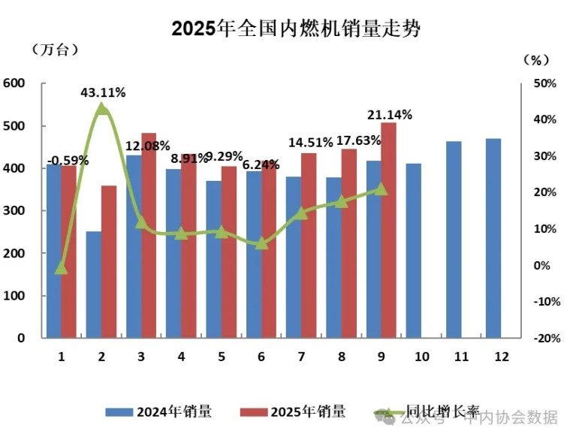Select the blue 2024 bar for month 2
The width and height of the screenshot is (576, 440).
(x=94, y=285)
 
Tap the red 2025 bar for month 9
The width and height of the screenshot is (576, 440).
(x=388, y=231)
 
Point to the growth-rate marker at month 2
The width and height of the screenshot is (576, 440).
(x=102, y=110)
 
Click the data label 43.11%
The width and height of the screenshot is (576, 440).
(x=103, y=92)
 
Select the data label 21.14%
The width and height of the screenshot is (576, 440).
(x=389, y=115)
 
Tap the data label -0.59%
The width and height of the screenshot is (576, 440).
(x=68, y=160)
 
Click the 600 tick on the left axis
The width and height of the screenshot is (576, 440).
(x=15, y=83)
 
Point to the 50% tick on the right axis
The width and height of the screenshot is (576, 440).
(x=545, y=83)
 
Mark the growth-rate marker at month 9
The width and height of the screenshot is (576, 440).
(x=381, y=189)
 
